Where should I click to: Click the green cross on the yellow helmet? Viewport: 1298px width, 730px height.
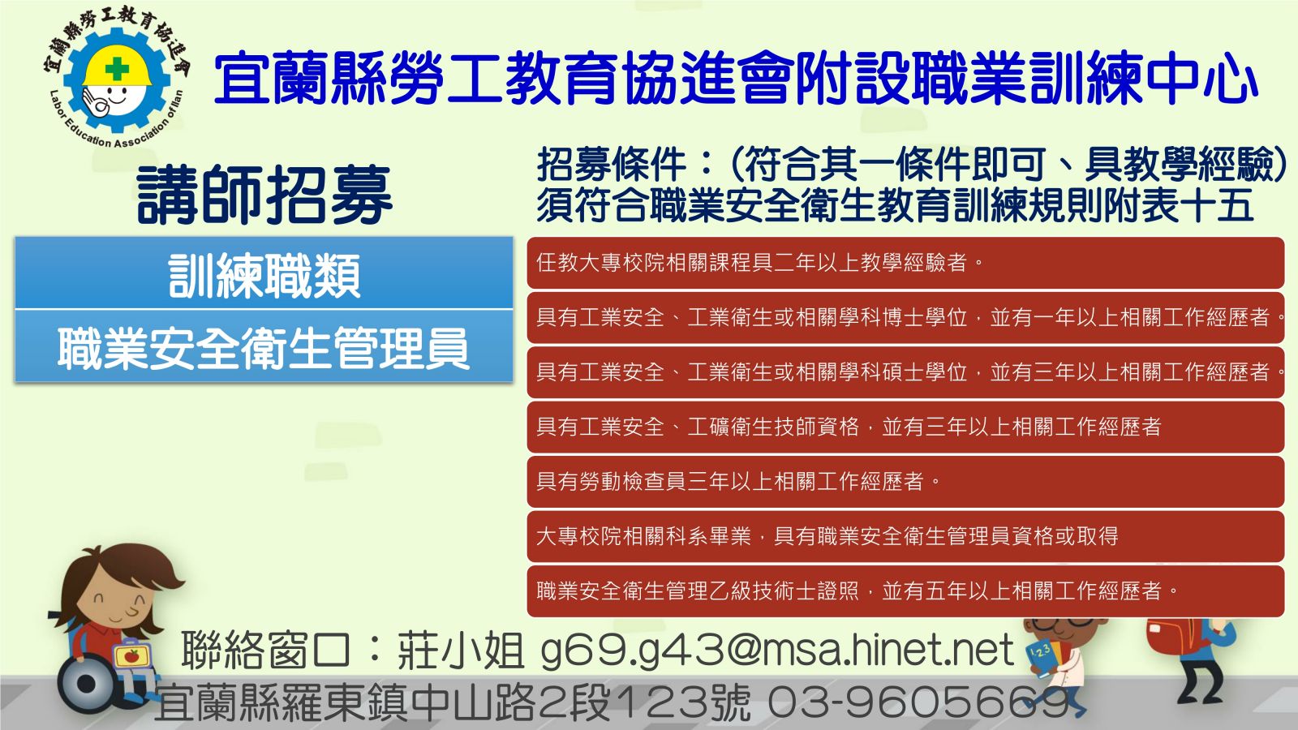pos(117,69)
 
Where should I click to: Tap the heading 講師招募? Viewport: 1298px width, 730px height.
pos(264,195)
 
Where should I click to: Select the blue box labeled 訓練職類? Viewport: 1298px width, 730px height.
pos(264,273)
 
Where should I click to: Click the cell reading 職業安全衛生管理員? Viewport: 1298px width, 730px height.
pos(264,346)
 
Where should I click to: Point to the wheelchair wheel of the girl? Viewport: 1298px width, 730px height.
pos(87,685)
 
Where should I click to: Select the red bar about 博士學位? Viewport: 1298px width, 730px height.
pos(905,317)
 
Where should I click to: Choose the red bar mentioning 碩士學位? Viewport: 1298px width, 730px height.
pos(905,372)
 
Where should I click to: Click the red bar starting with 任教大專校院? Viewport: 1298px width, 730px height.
pos(905,263)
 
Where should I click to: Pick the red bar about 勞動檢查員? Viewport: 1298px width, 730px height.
pos(905,482)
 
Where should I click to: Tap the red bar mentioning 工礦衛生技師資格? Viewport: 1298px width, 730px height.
pos(905,427)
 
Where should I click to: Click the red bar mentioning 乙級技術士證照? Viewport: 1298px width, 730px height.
pos(905,591)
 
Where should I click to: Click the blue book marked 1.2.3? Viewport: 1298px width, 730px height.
pos(1042,658)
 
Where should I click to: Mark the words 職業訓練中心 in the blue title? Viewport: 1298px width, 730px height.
pos(1056,78)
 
